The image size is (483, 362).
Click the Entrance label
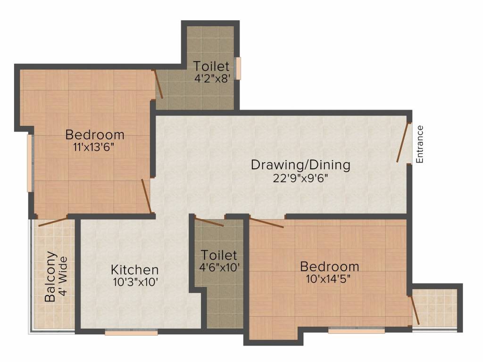tap(420, 144)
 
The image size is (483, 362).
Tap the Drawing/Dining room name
tap(300, 165)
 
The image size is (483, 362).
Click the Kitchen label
tap(134, 270)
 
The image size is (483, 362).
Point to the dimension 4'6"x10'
tap(219, 267)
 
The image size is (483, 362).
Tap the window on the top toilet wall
tap(238, 68)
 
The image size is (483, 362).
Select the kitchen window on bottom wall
tap(131, 332)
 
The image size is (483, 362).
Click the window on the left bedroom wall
tap(30, 163)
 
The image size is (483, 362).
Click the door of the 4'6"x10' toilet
tap(209, 222)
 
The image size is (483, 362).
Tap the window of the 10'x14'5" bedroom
tap(350, 331)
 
